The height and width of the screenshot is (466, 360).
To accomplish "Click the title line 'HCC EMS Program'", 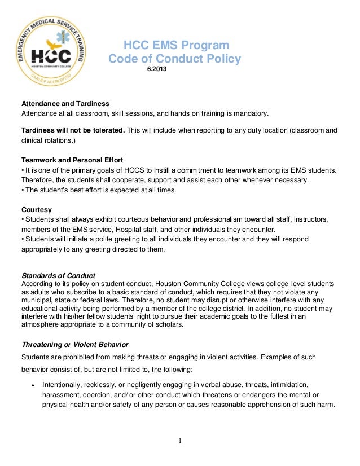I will pyautogui.click(x=176, y=46).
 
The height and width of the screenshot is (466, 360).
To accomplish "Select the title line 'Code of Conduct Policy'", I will pyautogui.click(x=174, y=59).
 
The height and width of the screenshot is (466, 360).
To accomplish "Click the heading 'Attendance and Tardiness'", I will pyautogui.click(x=65, y=104).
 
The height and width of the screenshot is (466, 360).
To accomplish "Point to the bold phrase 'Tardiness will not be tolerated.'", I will pyautogui.click(x=73, y=130).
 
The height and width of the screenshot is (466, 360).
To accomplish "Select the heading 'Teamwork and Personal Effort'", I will pyautogui.click(x=72, y=160).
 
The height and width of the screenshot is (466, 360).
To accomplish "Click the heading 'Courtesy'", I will pyautogui.click(x=37, y=209).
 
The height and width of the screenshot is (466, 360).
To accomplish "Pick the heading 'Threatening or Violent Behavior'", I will pyautogui.click(x=75, y=344).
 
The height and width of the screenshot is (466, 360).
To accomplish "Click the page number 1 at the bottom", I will pyautogui.click(x=180, y=441).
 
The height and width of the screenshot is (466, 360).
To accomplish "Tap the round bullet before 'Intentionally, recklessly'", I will pyautogui.click(x=33, y=384).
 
